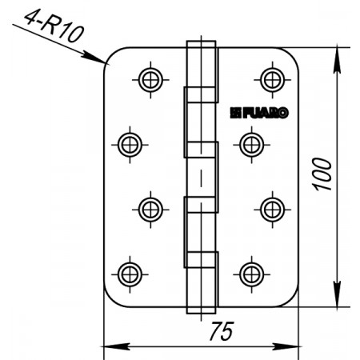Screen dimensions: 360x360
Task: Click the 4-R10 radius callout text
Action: pos(54,26)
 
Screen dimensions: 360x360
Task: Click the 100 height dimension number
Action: pos(322,174)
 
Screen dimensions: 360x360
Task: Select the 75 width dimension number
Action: pos(222,331)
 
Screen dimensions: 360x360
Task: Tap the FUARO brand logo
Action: pos(259,113)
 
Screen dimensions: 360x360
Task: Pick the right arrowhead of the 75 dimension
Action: pos(286,346)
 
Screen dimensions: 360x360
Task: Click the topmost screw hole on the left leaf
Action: pos(150,80)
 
